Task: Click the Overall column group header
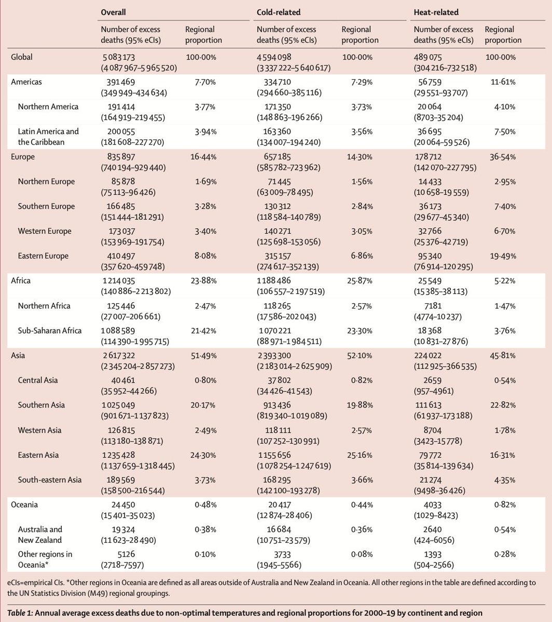(115, 11)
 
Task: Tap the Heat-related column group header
(436, 11)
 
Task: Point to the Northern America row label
(48, 107)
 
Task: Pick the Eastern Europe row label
(46, 256)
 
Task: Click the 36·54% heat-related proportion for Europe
(503, 157)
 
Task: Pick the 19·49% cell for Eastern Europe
(503, 256)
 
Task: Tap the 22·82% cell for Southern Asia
(503, 405)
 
